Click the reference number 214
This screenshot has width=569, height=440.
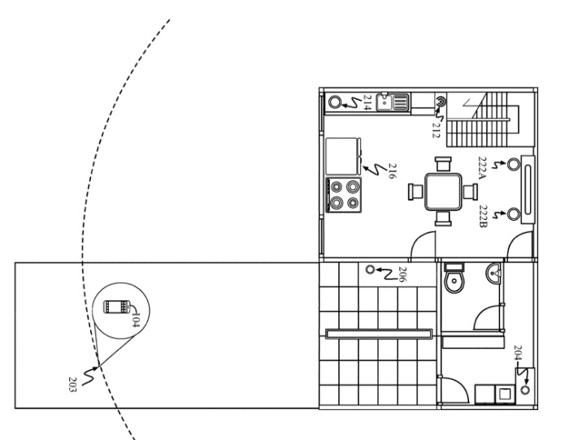(x=367, y=102)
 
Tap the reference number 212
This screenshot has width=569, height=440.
(x=437, y=131)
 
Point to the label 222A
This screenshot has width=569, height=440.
(x=482, y=168)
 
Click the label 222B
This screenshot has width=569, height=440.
(x=484, y=217)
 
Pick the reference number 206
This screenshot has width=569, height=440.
(x=403, y=274)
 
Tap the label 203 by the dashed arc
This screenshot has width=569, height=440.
(x=72, y=384)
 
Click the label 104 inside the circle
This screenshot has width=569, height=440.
(x=135, y=319)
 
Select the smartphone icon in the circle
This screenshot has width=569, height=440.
(x=117, y=307)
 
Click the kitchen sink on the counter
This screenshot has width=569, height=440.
(x=393, y=101)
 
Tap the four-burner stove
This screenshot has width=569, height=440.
(x=344, y=195)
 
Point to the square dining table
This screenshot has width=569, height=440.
(x=443, y=192)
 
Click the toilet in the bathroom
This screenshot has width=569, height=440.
(x=454, y=278)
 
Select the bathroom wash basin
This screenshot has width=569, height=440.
(x=493, y=273)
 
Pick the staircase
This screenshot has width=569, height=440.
(x=483, y=119)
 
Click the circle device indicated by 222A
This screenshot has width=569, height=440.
(x=514, y=164)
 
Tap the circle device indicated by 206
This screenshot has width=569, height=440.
(x=370, y=270)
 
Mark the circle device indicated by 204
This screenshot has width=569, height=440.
(x=525, y=390)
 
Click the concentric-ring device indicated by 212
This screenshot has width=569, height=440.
(x=441, y=101)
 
